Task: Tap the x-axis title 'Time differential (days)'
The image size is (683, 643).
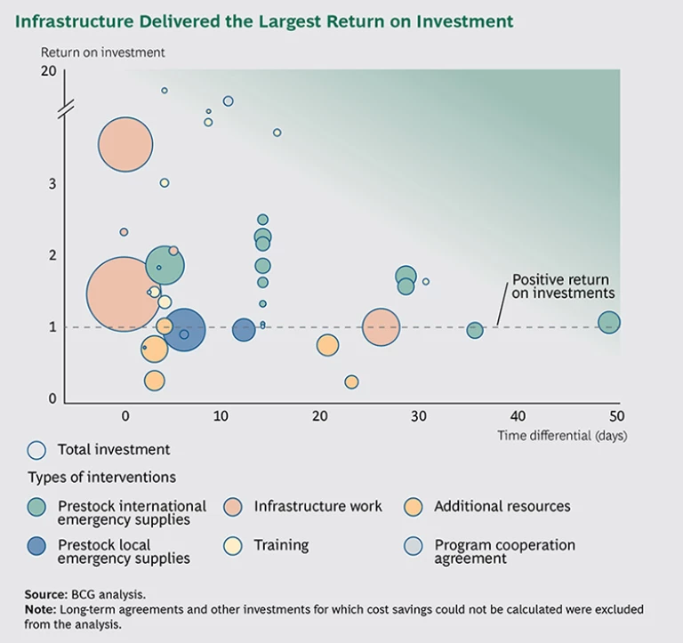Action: (562, 436)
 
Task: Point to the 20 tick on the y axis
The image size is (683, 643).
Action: (49, 71)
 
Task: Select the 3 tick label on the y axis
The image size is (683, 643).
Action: (52, 183)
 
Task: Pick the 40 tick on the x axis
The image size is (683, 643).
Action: (518, 415)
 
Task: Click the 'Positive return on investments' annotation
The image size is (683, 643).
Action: (563, 285)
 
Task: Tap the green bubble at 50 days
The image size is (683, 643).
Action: (609, 322)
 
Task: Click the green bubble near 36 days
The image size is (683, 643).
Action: (475, 330)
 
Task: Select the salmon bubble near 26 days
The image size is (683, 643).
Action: (381, 327)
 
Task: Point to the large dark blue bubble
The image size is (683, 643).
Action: (184, 328)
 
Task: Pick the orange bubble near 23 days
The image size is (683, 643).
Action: (351, 382)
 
